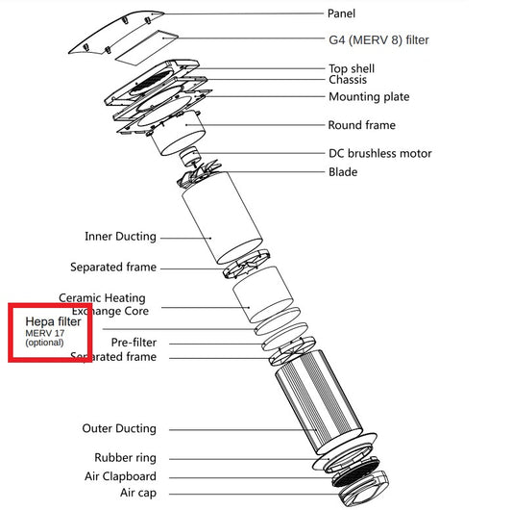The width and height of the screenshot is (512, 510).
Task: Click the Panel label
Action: (341, 13)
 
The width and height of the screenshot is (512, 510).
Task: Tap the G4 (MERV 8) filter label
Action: (378, 40)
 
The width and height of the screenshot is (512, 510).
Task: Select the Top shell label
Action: (352, 68)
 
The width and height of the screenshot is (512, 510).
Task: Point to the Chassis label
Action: (348, 80)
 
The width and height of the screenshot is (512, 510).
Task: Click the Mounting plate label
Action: (369, 97)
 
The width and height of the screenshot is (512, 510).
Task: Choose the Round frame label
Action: (362, 125)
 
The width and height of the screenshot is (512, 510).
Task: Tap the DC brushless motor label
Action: (380, 153)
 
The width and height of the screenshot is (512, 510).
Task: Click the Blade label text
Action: (343, 172)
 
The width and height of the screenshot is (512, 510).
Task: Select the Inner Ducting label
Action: (120, 237)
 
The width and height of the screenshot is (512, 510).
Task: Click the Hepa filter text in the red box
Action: (53, 321)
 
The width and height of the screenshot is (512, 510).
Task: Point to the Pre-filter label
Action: (134, 343)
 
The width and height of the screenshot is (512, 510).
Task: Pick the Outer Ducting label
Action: (119, 428)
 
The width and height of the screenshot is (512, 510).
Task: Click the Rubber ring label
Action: (126, 458)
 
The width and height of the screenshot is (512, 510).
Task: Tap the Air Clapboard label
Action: (120, 476)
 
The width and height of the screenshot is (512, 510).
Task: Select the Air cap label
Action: (138, 493)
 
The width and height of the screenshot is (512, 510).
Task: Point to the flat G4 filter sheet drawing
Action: (147, 48)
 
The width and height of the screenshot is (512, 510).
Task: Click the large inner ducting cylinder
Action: (222, 217)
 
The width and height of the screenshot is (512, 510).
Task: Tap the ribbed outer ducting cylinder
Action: (318, 401)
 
